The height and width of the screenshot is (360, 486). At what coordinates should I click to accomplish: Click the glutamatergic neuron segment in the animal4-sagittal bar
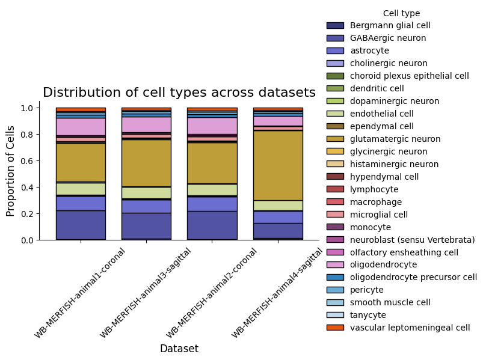point(278,166)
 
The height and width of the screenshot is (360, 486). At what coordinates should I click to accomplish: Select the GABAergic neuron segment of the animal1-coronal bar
point(81,225)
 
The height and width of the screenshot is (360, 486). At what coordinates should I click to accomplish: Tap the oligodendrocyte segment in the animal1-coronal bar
point(81,127)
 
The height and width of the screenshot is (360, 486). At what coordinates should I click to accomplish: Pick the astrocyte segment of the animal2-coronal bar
point(212,204)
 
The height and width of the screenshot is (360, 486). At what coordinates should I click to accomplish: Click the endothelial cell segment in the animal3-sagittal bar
point(146,193)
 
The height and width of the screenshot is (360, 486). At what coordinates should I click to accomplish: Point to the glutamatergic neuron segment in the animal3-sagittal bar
point(146,163)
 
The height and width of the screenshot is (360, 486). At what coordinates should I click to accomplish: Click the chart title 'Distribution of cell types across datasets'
point(179,93)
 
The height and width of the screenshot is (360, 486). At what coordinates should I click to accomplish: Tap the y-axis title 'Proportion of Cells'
point(10,171)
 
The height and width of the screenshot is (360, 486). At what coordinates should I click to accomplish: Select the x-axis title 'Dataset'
point(179,349)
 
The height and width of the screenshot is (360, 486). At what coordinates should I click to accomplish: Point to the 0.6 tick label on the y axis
point(27,161)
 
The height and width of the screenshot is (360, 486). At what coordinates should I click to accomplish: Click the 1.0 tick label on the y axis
point(27,108)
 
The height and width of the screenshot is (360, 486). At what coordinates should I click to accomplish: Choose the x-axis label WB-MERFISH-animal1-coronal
point(80,293)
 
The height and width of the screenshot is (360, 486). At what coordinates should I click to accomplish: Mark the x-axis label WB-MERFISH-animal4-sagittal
point(277,293)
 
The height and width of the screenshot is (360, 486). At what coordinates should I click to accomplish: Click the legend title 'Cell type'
point(401,13)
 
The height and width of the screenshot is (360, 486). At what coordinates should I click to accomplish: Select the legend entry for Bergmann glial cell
point(378,25)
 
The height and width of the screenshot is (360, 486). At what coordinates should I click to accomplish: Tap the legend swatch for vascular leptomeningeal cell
point(335,328)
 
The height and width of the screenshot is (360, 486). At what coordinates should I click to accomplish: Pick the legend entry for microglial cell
point(367,215)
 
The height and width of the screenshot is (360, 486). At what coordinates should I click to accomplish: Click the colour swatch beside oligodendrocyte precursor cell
point(335,277)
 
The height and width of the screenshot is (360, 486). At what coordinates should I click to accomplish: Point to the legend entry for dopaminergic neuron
point(383,101)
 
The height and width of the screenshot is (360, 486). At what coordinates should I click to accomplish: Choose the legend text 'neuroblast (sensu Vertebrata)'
point(412,240)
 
